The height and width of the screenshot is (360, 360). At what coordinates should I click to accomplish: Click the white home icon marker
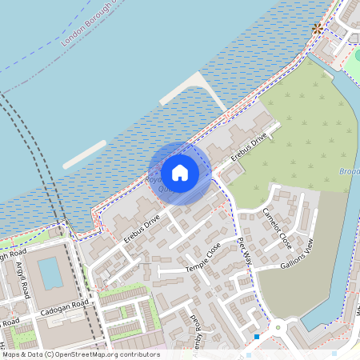180,173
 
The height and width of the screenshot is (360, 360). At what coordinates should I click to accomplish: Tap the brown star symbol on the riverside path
318,28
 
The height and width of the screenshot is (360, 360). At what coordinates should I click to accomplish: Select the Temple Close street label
203,258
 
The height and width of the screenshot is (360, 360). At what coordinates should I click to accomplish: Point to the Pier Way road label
244,250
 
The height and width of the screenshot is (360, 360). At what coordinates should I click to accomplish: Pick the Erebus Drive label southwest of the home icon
142,227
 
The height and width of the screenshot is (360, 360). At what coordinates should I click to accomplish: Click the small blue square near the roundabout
256,337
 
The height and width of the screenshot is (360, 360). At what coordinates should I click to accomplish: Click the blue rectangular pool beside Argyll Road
50,273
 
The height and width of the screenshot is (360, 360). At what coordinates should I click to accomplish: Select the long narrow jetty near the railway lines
85,154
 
